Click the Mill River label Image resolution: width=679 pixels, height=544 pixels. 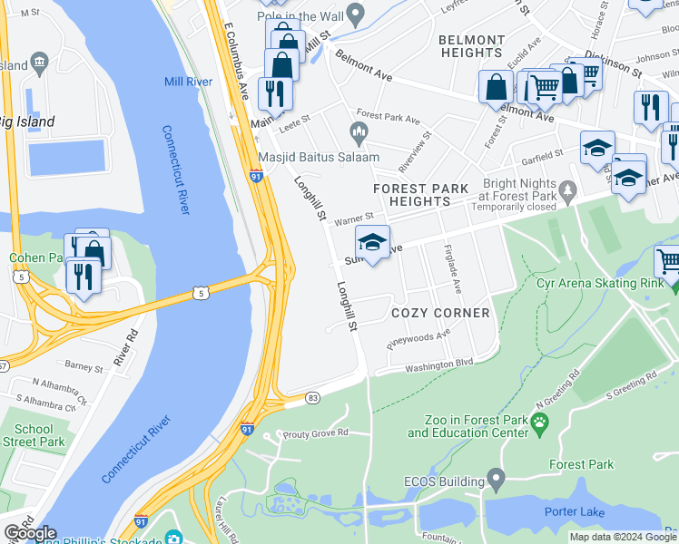click(189, 82)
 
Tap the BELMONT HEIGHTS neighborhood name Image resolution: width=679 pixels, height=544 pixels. click(471, 46)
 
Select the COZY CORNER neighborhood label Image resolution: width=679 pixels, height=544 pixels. click(440, 313)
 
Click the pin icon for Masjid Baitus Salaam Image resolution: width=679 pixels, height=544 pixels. click(359, 135)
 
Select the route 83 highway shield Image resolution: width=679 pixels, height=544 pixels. click(313, 398)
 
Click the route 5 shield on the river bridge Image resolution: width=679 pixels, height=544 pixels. click(200, 293)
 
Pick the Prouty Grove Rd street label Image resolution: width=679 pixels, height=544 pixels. click(316, 432)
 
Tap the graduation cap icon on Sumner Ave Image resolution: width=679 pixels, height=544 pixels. click(372, 242)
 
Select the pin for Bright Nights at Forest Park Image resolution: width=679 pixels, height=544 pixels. click(568, 190)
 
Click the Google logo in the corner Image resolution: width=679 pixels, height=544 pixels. click(30, 533)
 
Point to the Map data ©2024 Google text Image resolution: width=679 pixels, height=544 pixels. click(622, 537)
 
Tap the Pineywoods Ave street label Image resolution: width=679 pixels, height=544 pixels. click(418, 338)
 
